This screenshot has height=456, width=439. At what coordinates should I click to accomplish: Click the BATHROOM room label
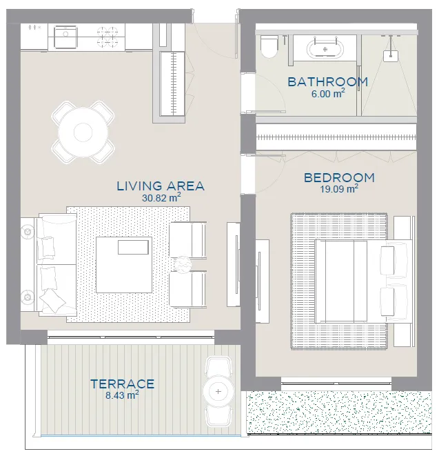point(328,82)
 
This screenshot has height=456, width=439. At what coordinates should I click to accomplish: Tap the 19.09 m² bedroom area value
point(339,189)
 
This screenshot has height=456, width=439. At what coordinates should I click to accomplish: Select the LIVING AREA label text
point(161,186)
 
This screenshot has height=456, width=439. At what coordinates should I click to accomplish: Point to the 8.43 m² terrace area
point(122,395)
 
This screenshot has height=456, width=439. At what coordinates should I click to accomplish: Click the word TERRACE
point(122,384)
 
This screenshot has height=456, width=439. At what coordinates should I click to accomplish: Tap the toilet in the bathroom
point(269,46)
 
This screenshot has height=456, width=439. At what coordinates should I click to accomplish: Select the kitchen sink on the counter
point(66,37)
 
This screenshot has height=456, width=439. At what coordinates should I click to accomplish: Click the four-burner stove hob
point(108,37)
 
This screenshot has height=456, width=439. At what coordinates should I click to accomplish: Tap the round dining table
point(83,132)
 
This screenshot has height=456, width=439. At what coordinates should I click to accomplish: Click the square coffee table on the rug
point(124,265)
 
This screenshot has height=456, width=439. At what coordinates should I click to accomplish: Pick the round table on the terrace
point(218,391)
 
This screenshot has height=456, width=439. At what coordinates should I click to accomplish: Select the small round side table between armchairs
point(183,265)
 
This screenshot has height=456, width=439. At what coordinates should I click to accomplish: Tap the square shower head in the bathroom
point(391,56)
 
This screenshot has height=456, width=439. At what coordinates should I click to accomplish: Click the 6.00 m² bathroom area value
point(328,94)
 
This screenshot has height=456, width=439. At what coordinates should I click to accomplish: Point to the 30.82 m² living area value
point(161,198)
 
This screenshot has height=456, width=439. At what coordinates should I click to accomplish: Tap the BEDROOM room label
point(339,178)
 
